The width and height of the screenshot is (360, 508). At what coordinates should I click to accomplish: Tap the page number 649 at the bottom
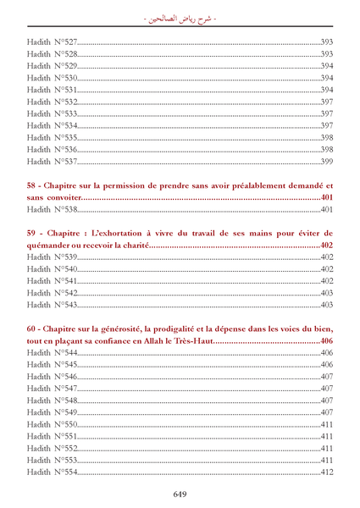pyautogui.click(x=180, y=494)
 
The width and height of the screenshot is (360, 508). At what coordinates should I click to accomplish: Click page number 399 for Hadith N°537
pyautogui.click(x=326, y=161)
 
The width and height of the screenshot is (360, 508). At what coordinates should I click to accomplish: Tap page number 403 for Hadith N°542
pyautogui.click(x=326, y=292)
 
